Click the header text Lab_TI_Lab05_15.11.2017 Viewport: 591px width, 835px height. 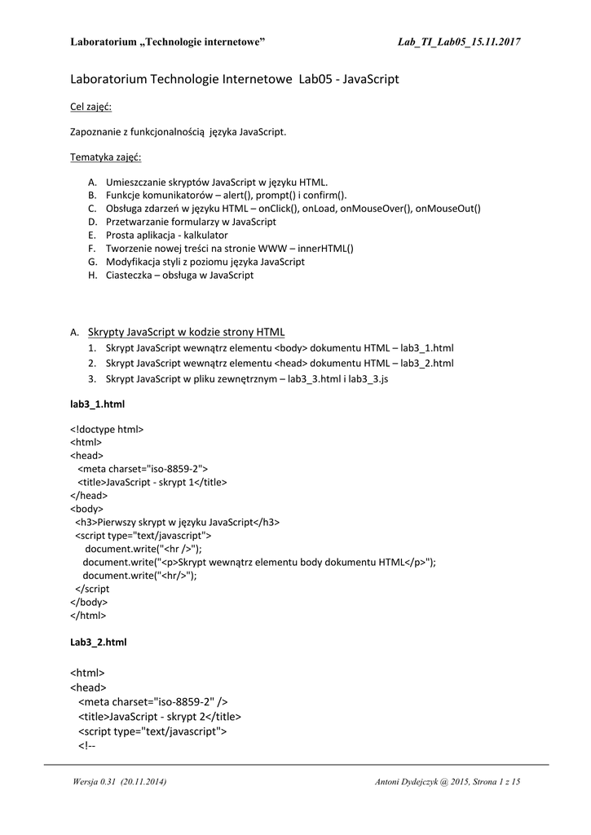(x=459, y=42)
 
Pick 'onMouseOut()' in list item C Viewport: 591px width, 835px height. (x=448, y=209)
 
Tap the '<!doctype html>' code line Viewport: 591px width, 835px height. (x=107, y=429)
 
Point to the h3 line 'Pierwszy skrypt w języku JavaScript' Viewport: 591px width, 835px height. (x=178, y=522)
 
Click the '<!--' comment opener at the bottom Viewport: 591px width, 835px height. (x=87, y=745)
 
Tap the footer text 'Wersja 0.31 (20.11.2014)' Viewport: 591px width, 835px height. (x=120, y=783)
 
